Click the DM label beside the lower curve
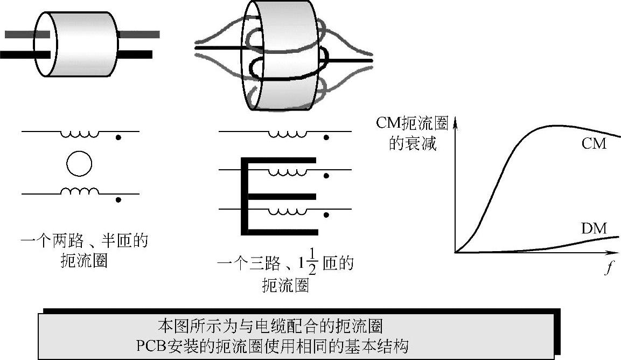[x=594, y=229]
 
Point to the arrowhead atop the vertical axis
[x=456, y=123]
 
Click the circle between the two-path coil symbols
[x=79, y=163]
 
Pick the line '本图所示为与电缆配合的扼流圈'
[x=270, y=327]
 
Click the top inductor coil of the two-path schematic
[x=79, y=134]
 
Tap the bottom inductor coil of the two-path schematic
[x=79, y=191]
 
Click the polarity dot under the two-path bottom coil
[x=118, y=200]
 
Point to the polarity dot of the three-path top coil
[x=325, y=138]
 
